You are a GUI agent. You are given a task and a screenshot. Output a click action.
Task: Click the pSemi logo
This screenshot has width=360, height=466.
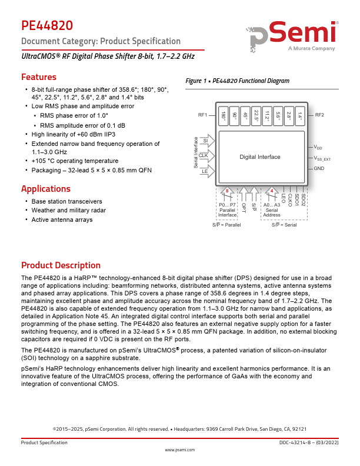[294, 38]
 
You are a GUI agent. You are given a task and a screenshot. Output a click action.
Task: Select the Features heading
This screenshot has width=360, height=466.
[39, 77]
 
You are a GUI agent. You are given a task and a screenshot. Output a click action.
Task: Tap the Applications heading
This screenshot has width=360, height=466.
[46, 189]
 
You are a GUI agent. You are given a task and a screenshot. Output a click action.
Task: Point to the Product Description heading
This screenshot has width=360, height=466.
[61, 265]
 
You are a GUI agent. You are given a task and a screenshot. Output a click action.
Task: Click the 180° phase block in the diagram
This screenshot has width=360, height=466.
[224, 116]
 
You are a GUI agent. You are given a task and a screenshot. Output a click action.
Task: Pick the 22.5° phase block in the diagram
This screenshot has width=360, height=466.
[256, 116]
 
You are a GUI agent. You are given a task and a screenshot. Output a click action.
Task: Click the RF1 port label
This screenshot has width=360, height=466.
[203, 115]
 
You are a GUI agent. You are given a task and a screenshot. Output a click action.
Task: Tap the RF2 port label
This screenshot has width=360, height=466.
[320, 115]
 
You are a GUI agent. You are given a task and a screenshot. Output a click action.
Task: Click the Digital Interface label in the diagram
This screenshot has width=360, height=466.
[260, 157]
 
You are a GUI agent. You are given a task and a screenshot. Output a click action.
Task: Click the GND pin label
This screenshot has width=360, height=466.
[319, 169]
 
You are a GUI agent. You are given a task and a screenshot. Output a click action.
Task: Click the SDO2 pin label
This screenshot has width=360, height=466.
[303, 199]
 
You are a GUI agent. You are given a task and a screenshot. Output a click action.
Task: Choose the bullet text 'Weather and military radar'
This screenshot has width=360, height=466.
[69, 210]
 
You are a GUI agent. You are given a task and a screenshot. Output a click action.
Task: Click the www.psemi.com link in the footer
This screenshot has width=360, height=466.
[179, 450]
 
